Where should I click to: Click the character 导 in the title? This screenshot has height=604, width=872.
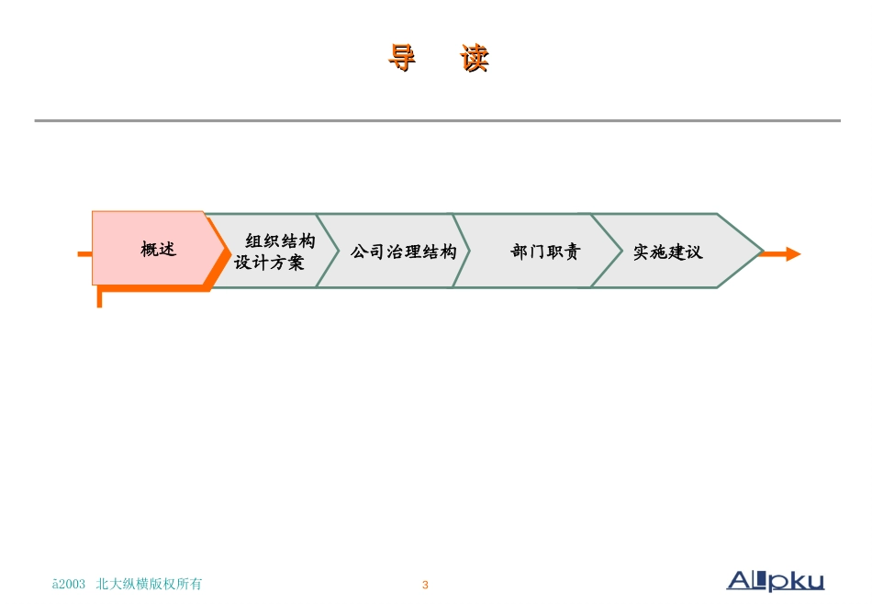tap(401, 58)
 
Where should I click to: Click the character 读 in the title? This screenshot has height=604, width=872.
tap(475, 58)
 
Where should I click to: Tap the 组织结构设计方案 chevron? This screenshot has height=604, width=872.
tap(273, 251)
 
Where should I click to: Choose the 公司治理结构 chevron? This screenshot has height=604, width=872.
tap(401, 251)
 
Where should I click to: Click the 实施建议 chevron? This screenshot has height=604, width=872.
tap(673, 251)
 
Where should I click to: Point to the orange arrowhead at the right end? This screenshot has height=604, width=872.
tap(793, 254)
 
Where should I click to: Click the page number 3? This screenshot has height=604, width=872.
tap(425, 585)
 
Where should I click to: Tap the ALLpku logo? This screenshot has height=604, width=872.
tap(776, 581)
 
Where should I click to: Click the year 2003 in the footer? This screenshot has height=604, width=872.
tap(73, 584)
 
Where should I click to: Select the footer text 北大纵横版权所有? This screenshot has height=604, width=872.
tap(149, 584)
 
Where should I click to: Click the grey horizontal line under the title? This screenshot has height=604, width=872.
tap(438, 120)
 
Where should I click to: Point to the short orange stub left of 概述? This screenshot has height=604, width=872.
tap(84, 254)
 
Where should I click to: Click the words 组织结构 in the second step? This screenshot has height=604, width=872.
tap(280, 240)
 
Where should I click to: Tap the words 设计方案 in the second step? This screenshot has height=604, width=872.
tap(269, 262)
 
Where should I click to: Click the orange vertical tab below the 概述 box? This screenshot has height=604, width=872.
tap(99, 296)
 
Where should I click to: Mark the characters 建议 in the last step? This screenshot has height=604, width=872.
tap(686, 252)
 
